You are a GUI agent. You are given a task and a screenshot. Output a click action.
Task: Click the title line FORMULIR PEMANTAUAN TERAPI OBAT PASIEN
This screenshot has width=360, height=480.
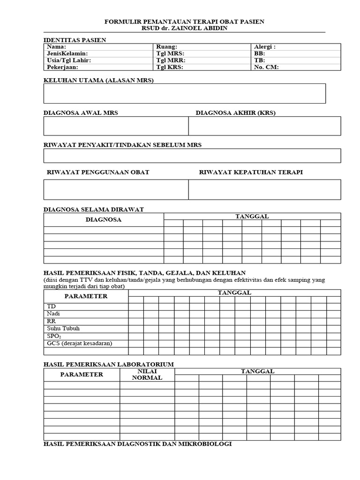click(x=184, y=22)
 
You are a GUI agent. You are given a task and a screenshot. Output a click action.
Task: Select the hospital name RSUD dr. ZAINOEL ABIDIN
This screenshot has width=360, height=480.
click(x=184, y=28)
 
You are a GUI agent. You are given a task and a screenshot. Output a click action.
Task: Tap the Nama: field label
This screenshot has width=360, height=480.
click(x=57, y=47)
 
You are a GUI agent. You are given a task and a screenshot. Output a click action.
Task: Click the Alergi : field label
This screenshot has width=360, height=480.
click(x=265, y=47)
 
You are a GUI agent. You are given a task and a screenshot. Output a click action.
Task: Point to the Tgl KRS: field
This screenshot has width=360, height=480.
click(x=169, y=67)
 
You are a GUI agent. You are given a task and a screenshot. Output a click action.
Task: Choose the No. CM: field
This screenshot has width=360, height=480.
click(x=266, y=67)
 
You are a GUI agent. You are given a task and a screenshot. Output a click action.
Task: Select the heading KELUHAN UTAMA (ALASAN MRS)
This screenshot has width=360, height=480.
click(x=98, y=80)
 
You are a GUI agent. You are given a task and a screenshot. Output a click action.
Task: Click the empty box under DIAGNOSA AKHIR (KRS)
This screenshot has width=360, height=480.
click(x=264, y=126)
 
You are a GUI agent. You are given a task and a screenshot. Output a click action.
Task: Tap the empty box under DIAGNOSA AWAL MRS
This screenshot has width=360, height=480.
click(x=116, y=126)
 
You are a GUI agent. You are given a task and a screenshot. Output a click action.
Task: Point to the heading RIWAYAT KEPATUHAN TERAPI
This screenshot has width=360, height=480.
click(x=251, y=172)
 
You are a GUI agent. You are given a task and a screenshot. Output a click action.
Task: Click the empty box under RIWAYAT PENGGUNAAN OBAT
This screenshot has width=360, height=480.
click(x=116, y=189)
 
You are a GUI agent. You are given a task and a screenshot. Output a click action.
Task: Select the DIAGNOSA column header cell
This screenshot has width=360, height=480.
click(x=104, y=219)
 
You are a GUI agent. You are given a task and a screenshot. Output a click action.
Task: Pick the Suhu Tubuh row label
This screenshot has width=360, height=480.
click(x=63, y=328)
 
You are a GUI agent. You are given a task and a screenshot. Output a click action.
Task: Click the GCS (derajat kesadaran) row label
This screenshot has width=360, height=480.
click(x=80, y=343)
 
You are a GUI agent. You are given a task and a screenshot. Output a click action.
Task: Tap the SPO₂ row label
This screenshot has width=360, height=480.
click(x=54, y=336)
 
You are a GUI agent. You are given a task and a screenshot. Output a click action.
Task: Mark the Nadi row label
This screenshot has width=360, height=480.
click(x=53, y=313)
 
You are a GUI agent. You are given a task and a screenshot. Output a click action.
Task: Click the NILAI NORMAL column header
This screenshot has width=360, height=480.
click(x=147, y=375)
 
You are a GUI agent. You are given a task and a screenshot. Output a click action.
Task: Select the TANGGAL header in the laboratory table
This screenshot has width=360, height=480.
click(x=257, y=371)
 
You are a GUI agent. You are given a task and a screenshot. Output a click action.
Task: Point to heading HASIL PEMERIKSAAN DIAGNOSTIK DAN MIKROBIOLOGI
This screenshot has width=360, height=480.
click(x=137, y=443)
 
